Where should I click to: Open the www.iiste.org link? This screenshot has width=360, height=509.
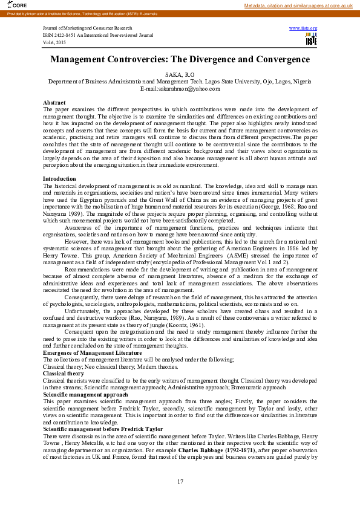tap(303, 28)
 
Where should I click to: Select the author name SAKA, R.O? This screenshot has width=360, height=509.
tap(180, 74)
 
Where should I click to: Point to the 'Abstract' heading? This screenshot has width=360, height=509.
tap(54, 103)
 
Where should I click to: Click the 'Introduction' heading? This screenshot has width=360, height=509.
tap(59, 179)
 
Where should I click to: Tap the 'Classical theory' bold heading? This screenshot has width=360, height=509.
tap(63, 374)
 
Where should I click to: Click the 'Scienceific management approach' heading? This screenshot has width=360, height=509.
tap(85, 394)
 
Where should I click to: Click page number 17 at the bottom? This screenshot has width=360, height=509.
tap(180, 481)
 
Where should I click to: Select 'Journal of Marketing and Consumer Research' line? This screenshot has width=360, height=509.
tap(86, 28)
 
